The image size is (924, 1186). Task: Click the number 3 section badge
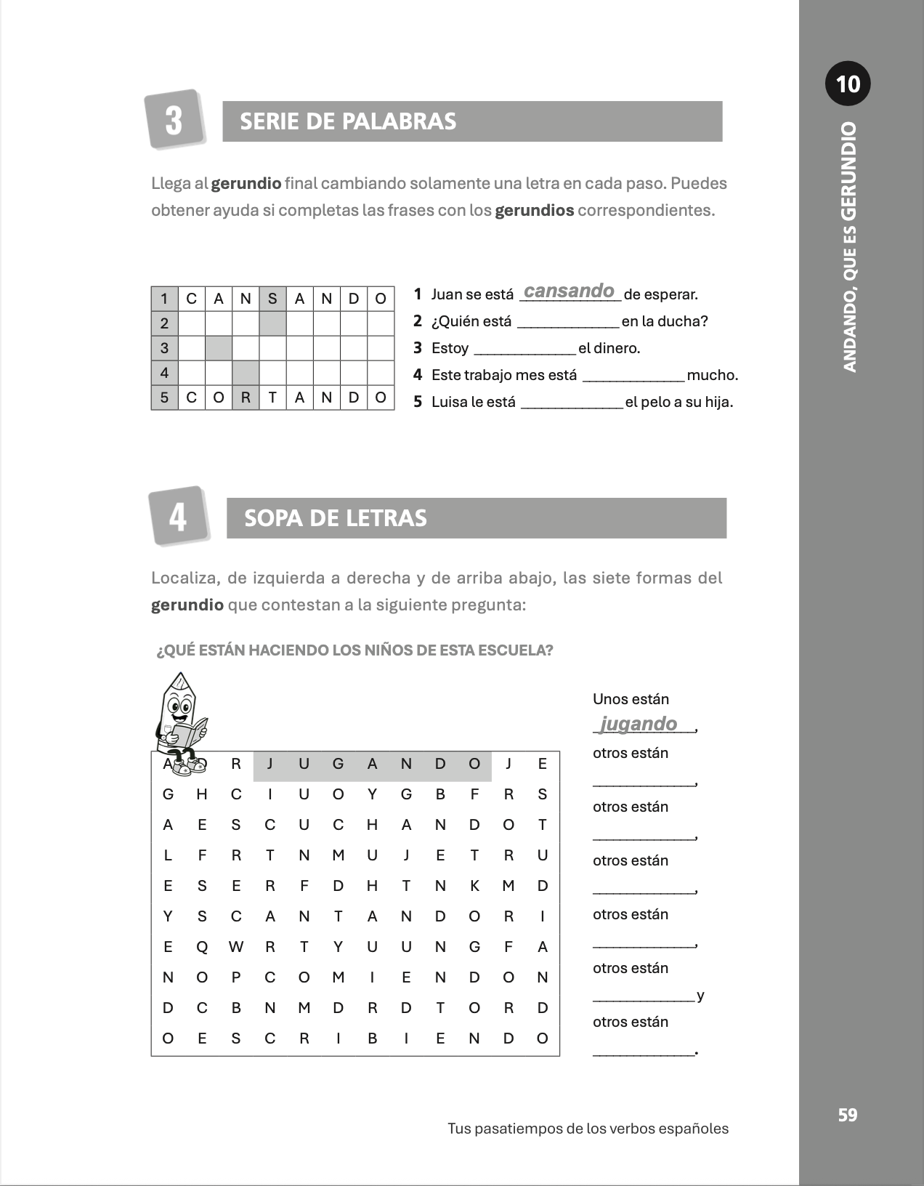(174, 120)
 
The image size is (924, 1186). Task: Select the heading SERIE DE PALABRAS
(348, 121)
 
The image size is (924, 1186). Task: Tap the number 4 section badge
(178, 517)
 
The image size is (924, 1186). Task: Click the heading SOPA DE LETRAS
(336, 518)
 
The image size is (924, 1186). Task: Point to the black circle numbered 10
(848, 84)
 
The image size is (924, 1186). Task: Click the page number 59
(848, 1115)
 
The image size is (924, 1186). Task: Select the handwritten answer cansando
(569, 291)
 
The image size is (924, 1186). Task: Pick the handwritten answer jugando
(639, 724)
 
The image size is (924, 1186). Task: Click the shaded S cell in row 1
(272, 299)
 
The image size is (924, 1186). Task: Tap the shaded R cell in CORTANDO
(246, 398)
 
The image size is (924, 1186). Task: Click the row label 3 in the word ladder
(164, 348)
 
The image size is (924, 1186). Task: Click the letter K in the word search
(474, 886)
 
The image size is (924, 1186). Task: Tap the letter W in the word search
(236, 947)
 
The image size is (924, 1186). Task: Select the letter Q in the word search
(202, 947)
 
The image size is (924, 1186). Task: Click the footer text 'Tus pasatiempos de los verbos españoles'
(588, 1129)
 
